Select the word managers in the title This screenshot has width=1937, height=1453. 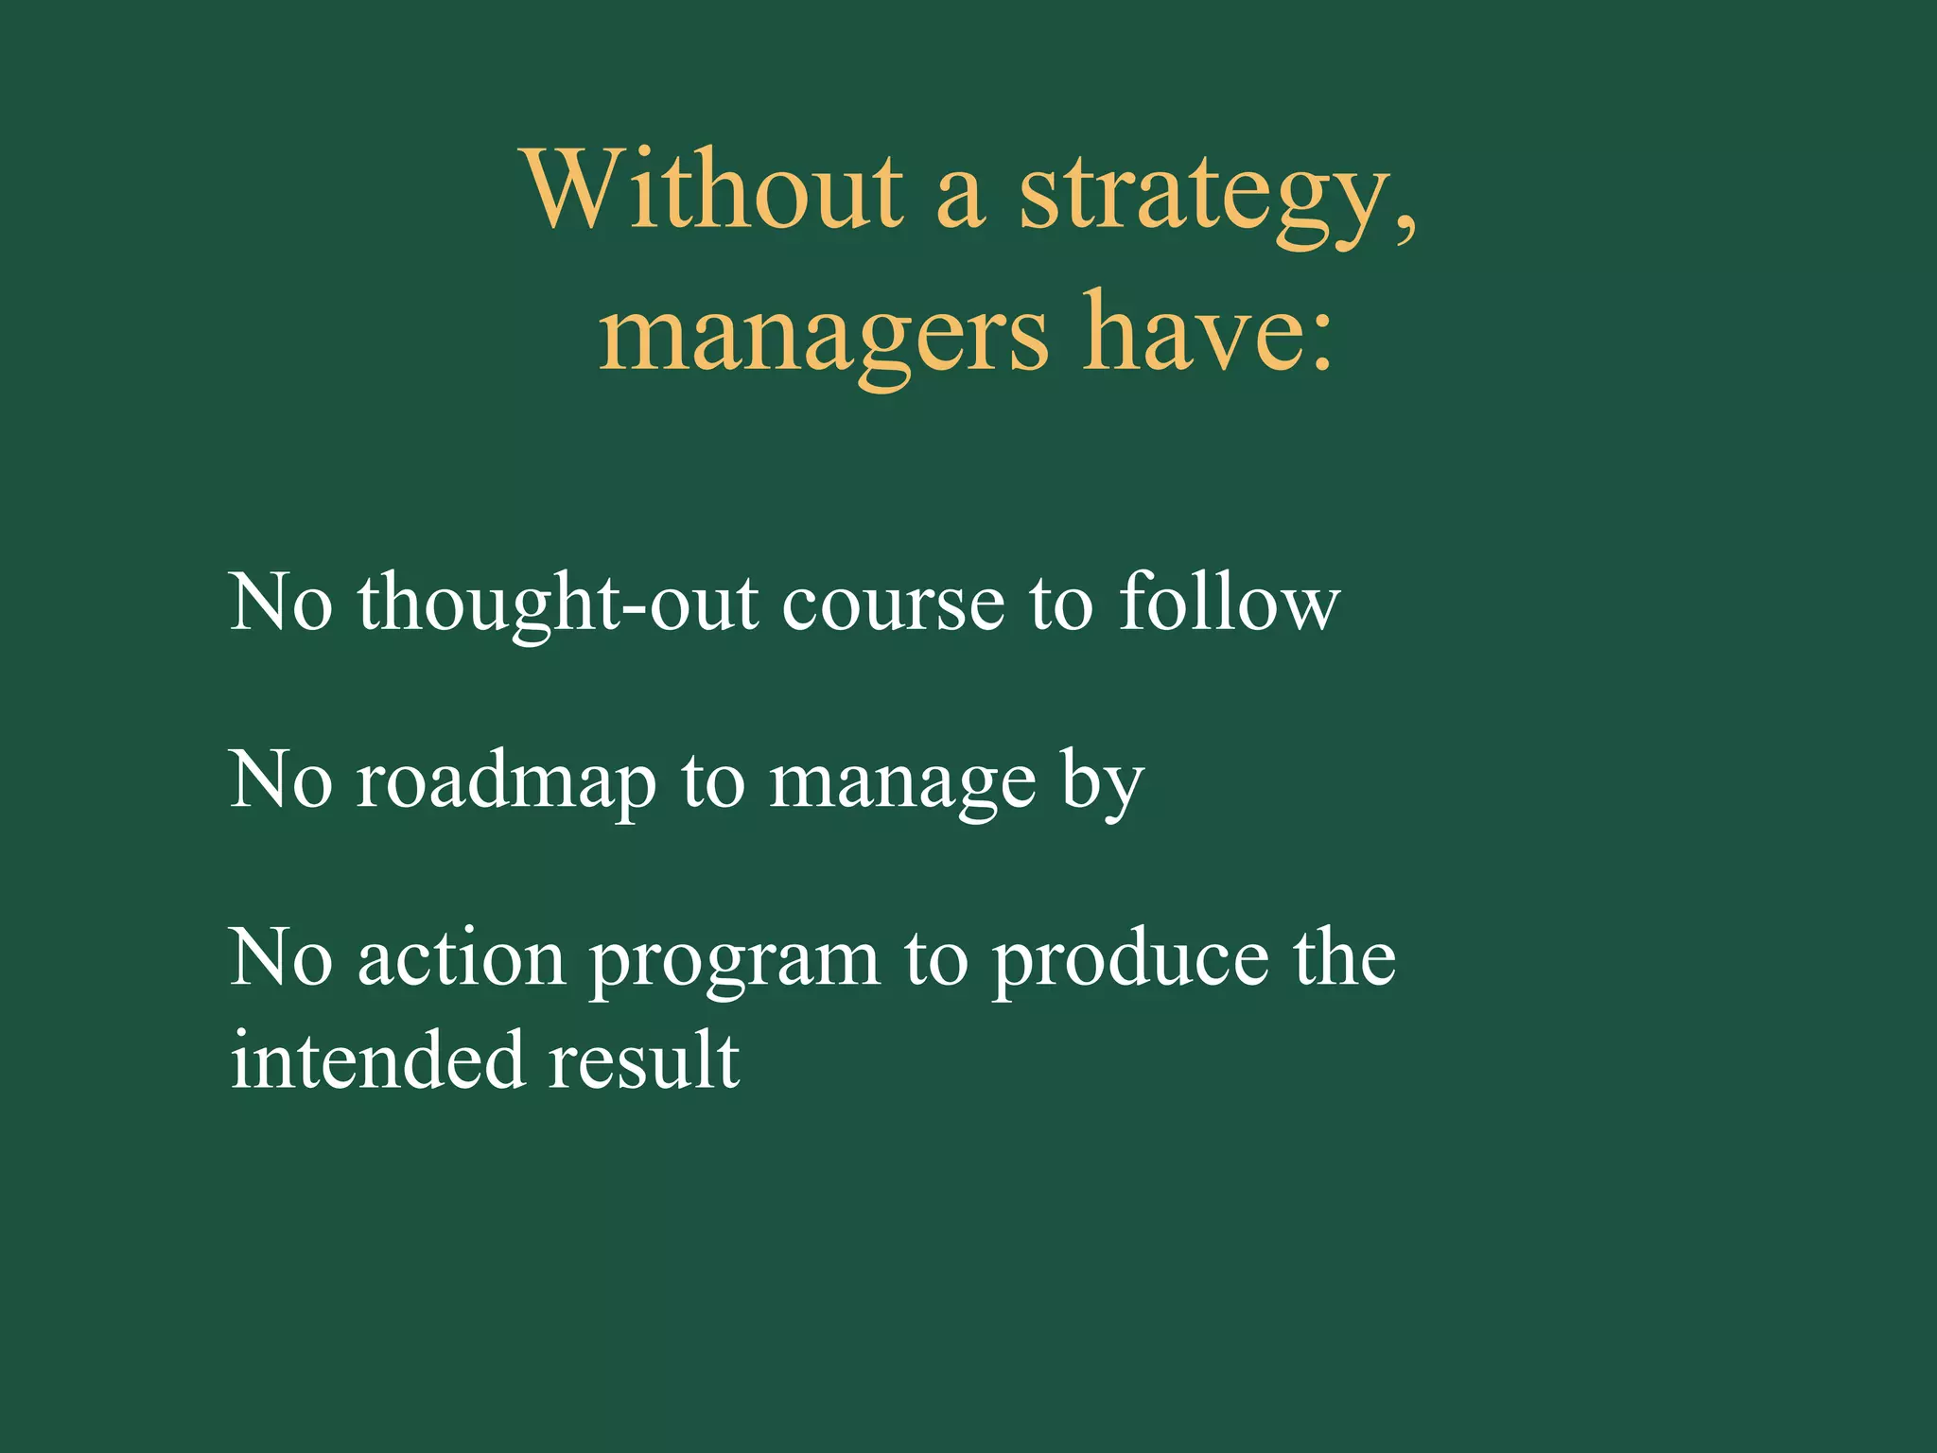coord(823,336)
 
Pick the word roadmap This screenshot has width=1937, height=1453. coord(506,783)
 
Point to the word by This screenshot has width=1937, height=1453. coord(1102,783)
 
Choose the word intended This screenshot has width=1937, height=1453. coord(377,1060)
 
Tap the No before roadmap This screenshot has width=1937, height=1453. coord(281,781)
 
